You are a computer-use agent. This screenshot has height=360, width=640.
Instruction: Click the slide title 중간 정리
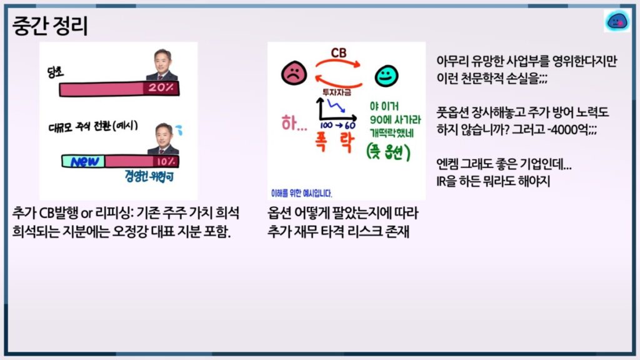tap(50, 26)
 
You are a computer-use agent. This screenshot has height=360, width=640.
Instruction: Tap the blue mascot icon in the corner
tap(617, 21)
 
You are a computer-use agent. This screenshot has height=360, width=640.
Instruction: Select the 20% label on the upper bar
tap(161, 87)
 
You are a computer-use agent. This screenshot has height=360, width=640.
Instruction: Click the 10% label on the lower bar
tap(165, 162)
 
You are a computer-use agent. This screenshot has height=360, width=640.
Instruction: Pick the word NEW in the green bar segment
tap(84, 162)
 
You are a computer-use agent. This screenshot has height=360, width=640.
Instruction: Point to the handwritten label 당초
tap(56, 72)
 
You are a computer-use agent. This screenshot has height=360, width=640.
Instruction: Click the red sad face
tap(294, 73)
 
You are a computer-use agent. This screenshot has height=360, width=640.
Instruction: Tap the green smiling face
tap(386, 76)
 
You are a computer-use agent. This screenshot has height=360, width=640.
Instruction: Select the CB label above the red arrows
tap(338, 52)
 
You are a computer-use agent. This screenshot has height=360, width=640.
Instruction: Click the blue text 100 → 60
tap(337, 125)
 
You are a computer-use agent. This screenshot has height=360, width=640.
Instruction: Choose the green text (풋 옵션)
tap(388, 152)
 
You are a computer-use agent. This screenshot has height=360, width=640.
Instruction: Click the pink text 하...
tap(294, 123)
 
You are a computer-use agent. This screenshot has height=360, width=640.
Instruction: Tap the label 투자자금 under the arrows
tap(337, 92)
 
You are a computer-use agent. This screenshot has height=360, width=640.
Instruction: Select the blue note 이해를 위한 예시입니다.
tap(302, 193)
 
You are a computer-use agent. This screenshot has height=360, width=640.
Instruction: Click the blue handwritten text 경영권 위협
tap(149, 176)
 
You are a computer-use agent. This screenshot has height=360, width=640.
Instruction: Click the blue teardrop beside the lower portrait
tap(179, 129)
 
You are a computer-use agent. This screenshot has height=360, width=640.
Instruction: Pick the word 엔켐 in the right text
tap(446, 164)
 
